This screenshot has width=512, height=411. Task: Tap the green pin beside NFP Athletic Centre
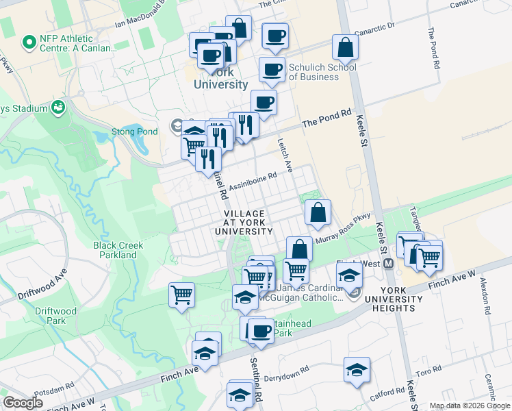coord(29,42)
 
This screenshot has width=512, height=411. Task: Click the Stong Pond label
coord(130,132)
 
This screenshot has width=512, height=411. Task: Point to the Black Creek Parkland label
coord(115,250)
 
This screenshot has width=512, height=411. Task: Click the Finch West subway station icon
coord(388,264)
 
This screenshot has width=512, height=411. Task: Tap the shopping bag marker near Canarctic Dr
coord(346,47)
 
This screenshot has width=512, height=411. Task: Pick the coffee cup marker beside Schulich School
coord(272,69)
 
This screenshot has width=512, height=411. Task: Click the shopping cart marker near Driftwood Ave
coord(182,295)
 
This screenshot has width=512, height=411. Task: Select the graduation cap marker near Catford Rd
coord(357,370)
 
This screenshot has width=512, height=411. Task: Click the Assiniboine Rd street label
coord(253,179)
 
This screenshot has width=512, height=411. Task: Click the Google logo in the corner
coord(23,403)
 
